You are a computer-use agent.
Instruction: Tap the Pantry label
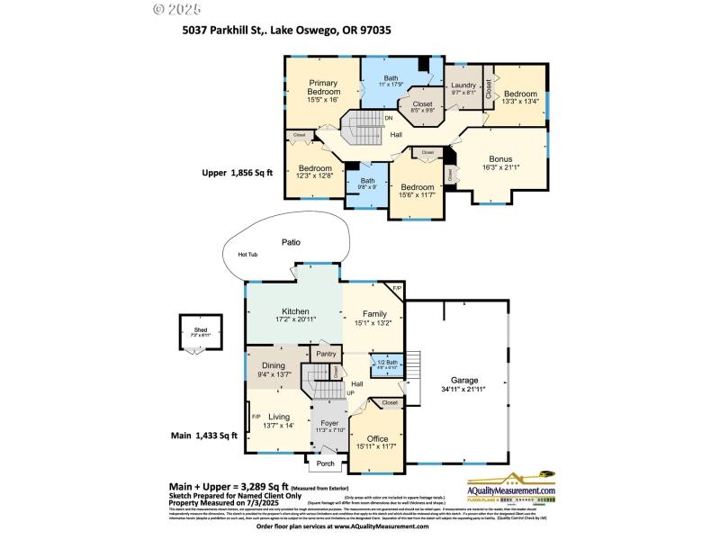coord(326,355)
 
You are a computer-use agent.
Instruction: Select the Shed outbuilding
coord(200,333)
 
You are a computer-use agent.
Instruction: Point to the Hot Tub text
coord(247,255)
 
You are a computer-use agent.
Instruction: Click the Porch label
coord(325,464)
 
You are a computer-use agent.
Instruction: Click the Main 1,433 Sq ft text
coord(204,436)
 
